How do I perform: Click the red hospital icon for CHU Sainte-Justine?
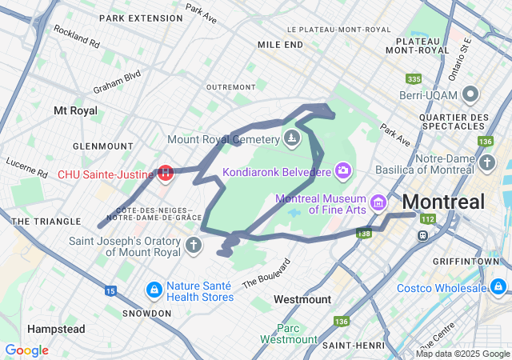click(x=166, y=172)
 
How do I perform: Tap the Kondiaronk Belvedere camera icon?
click(x=343, y=170)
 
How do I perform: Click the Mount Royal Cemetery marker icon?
click(x=291, y=139)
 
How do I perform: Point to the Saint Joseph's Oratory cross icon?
click(x=193, y=244)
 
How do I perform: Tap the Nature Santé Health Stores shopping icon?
click(x=153, y=287)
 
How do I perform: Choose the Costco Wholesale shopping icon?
click(x=498, y=286)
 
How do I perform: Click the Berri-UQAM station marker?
click(x=470, y=94)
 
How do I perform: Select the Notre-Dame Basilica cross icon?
click(x=487, y=163)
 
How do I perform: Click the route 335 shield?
click(x=414, y=79)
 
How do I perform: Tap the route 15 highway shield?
click(x=110, y=290)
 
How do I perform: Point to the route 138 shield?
click(x=364, y=234)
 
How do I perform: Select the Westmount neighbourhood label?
click(x=302, y=299)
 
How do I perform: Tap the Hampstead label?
click(x=56, y=329)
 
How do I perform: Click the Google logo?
click(x=26, y=350)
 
